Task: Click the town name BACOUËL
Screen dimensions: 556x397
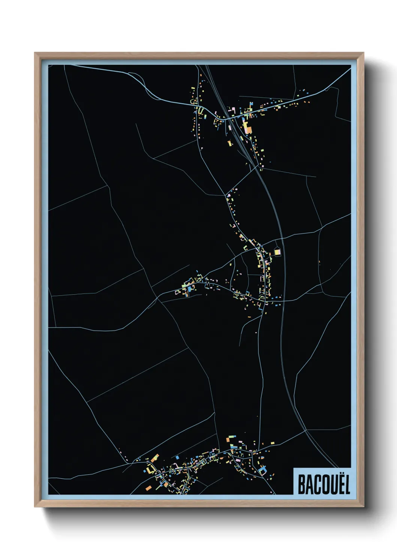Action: coord(323,485)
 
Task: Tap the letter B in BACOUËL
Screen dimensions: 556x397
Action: coord(301,485)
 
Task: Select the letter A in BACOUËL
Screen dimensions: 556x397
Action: coord(308,485)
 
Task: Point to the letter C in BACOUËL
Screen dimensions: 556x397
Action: coord(316,485)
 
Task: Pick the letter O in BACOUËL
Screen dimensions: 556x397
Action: coord(323,485)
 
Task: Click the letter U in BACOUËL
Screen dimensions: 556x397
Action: coord(331,485)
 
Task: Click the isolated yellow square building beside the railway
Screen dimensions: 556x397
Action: coord(277,252)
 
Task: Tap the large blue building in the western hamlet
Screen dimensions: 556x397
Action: coord(190,289)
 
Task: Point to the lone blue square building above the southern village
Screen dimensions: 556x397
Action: coord(177,458)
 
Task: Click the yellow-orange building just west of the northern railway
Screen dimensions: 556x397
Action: coord(230,143)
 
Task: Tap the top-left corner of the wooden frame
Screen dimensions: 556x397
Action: coord(35,53)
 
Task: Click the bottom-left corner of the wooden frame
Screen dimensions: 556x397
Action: coord(35,507)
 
